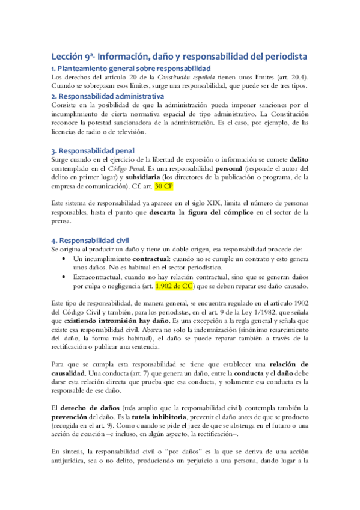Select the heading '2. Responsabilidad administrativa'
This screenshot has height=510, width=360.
click(x=108, y=96)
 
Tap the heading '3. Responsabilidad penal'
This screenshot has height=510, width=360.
click(x=93, y=150)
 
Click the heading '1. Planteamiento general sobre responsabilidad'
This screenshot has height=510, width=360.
click(x=131, y=69)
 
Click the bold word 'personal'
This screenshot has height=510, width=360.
click(x=231, y=168)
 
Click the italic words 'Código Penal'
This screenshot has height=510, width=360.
click(x=123, y=168)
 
